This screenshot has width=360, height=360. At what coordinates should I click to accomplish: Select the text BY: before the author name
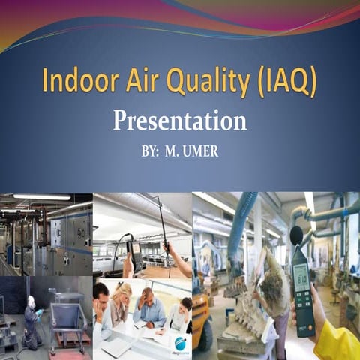tap(150, 151)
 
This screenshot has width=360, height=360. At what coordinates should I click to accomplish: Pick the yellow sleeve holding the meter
tap(337, 342)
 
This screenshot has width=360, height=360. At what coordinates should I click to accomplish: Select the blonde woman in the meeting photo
tap(120, 301)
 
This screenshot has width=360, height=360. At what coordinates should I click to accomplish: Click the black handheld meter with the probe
tap(136, 255)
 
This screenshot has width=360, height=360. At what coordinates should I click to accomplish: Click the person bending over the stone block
tap(270, 289)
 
